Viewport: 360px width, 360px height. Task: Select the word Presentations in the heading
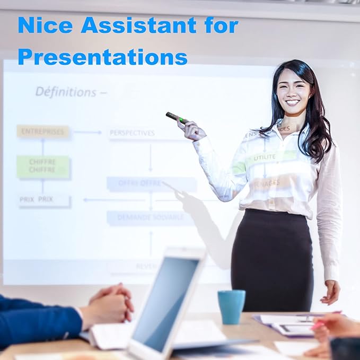click(103, 56)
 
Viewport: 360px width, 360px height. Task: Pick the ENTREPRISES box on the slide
click(42, 131)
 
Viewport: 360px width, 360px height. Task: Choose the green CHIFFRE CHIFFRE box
click(42, 166)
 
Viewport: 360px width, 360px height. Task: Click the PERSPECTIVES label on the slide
click(132, 133)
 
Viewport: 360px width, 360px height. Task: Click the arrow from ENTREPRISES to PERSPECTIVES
click(87, 132)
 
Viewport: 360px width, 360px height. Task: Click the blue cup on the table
click(231, 306)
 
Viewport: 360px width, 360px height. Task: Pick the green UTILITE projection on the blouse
click(265, 158)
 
